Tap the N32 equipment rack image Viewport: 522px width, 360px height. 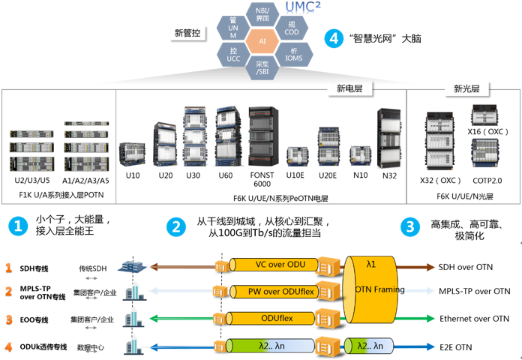tap(389, 138)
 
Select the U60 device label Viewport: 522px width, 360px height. tap(225, 175)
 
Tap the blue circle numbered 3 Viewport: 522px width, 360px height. tap(409, 226)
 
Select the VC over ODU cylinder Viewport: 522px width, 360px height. tap(270, 265)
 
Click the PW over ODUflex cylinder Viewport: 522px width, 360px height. tap(270, 291)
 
